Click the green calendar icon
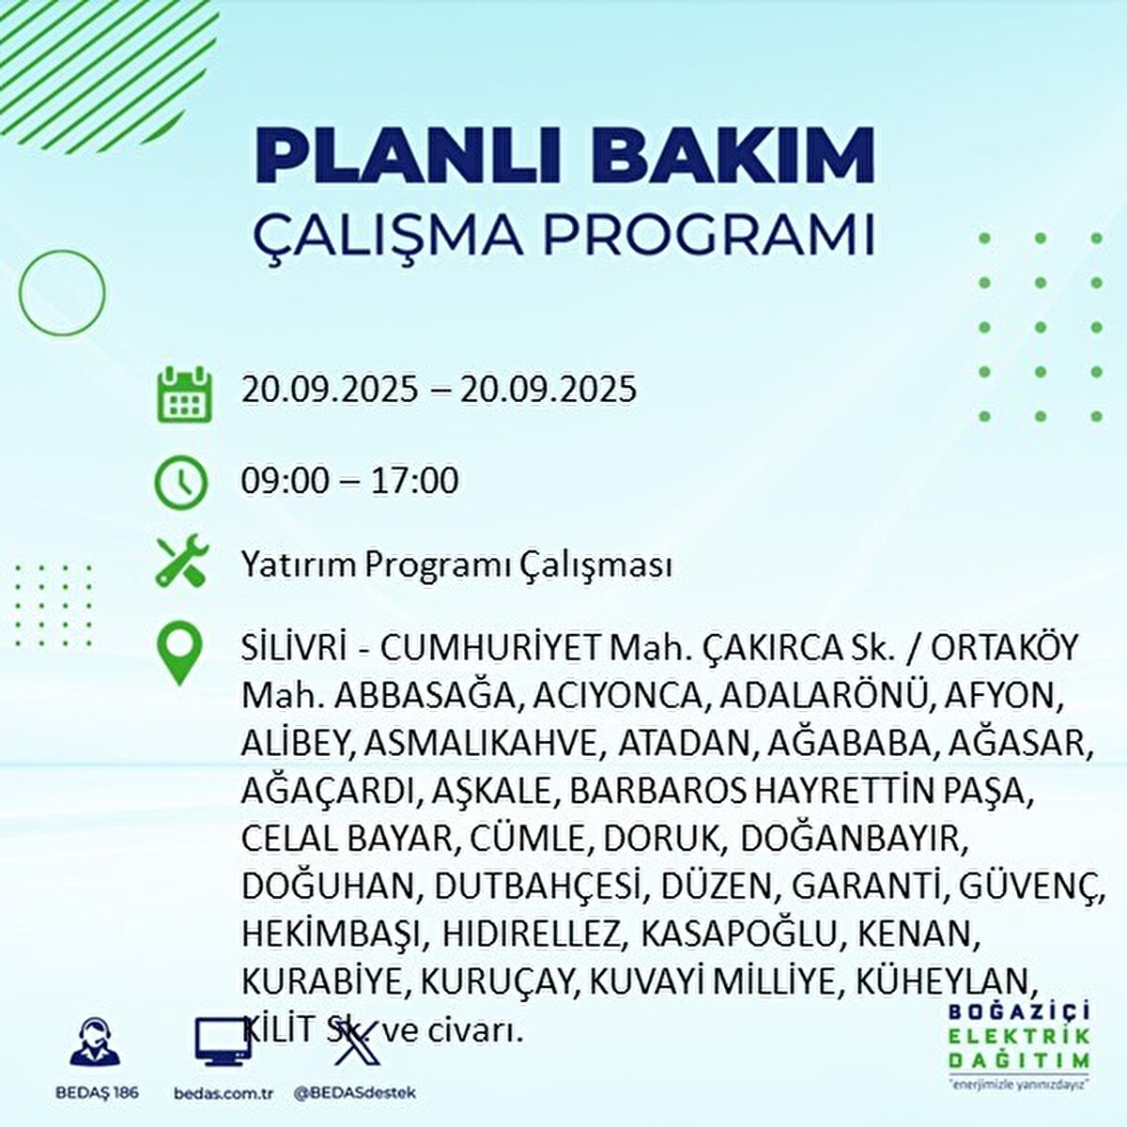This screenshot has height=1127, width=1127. pyautogui.click(x=181, y=394)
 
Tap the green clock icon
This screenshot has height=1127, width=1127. pyautogui.click(x=181, y=483)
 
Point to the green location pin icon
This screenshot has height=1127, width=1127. pyautogui.click(x=179, y=655)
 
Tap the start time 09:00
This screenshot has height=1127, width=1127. pyautogui.click(x=286, y=481)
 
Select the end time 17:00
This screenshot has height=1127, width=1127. pyautogui.click(x=413, y=481)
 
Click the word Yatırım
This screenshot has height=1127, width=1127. pyautogui.click(x=298, y=566)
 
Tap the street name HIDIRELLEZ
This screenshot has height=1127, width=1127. pyautogui.click(x=532, y=934)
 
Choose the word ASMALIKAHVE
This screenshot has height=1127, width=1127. pyautogui.click(x=480, y=743)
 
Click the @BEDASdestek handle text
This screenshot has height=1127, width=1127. pyautogui.click(x=354, y=1093)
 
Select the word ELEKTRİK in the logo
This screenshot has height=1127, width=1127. pyautogui.click(x=1019, y=1036)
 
